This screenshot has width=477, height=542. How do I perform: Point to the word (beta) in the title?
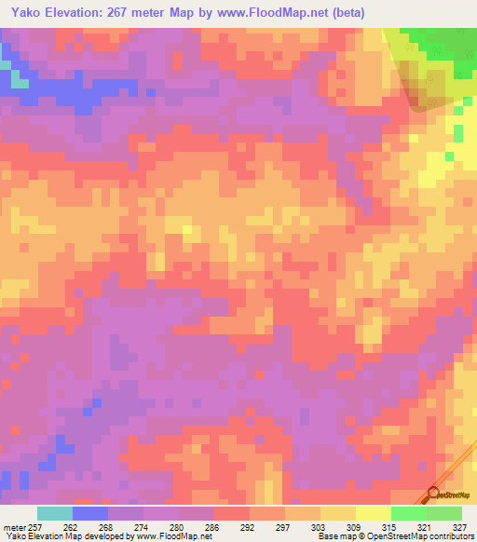pos(346,12)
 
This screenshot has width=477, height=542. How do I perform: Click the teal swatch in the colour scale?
pos(54,513)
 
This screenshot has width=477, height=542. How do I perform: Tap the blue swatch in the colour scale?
pos(90,513)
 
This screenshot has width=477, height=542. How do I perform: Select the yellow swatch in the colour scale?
pos(373,513)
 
